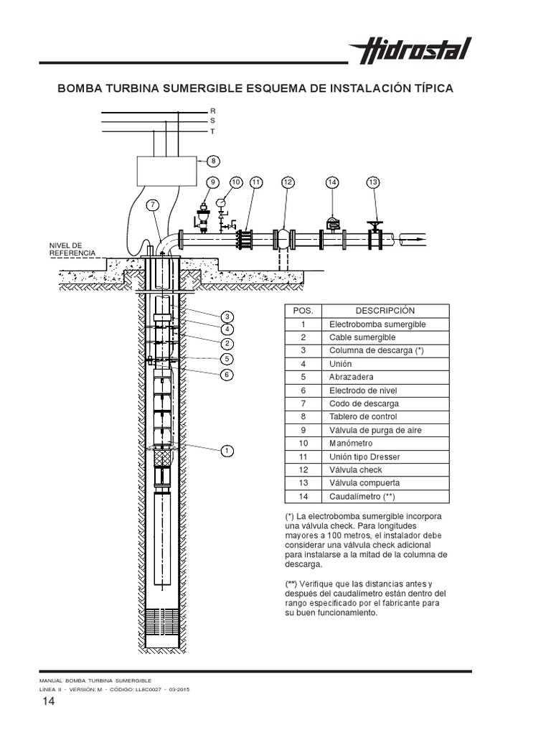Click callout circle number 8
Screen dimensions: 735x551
click(x=212, y=161)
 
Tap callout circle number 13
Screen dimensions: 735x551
click(x=372, y=182)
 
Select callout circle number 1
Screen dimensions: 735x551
click(x=226, y=451)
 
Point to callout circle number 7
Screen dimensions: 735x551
click(x=154, y=205)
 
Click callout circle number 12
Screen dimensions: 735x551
click(x=288, y=182)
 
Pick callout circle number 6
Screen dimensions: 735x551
click(x=226, y=374)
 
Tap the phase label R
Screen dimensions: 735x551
click(x=212, y=111)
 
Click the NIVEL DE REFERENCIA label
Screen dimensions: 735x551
click(x=71, y=249)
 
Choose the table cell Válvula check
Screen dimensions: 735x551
click(x=356, y=470)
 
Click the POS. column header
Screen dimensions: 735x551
click(x=303, y=310)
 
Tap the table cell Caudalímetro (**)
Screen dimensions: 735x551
click(x=362, y=497)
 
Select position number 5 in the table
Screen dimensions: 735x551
click(x=303, y=377)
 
